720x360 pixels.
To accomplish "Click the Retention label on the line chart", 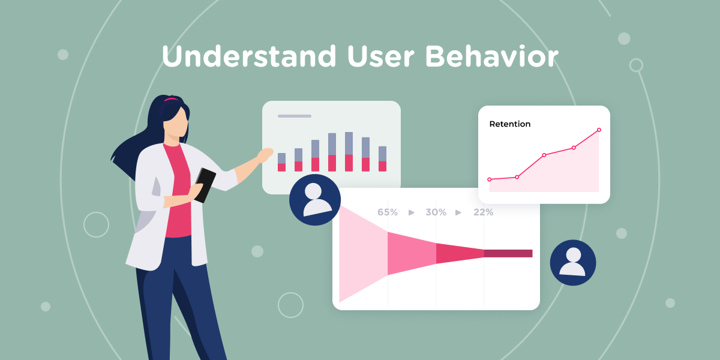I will [510, 124].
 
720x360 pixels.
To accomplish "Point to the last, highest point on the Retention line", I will [599, 130].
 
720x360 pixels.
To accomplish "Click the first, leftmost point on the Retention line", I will [490, 179].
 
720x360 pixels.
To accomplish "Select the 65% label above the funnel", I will [388, 212].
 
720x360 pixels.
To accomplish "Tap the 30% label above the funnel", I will [436, 212].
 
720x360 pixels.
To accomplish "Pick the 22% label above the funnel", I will [483, 212].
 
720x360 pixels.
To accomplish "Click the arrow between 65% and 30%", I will [412, 212].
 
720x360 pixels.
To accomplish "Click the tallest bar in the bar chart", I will [349, 151].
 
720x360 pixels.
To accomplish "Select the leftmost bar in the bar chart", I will [281, 162].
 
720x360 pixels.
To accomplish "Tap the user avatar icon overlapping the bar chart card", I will [315, 200].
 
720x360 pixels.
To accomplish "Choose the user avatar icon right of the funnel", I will [573, 263].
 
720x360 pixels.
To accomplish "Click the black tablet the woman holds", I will [205, 184].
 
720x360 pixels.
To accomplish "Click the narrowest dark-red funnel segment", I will [508, 253].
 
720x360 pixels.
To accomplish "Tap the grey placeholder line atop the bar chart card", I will [295, 116].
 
